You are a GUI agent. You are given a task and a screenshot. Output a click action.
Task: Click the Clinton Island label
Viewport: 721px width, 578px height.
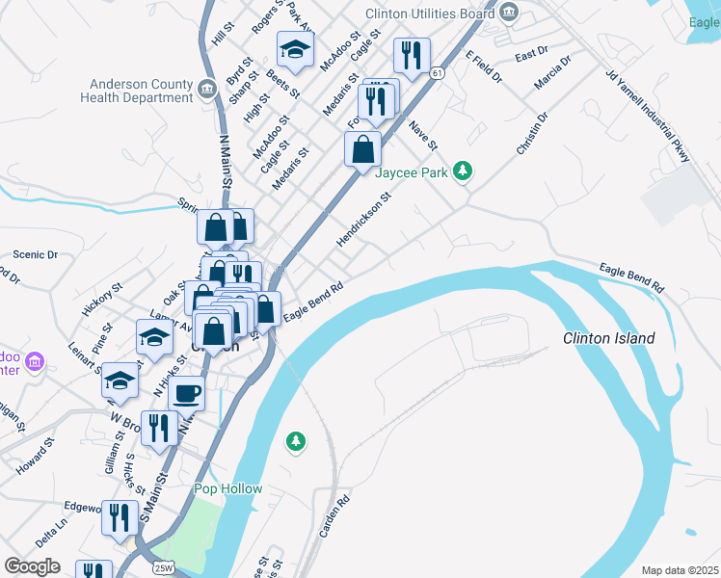pos(609,338)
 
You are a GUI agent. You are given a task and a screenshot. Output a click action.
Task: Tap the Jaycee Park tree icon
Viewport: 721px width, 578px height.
pos(464,171)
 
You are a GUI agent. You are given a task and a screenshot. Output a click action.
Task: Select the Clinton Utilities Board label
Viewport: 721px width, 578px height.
pos(433,13)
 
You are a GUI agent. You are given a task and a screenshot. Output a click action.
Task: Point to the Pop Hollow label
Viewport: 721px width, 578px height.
pos(227,488)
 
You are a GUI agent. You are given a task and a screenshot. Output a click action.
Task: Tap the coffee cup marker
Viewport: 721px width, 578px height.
pos(186,393)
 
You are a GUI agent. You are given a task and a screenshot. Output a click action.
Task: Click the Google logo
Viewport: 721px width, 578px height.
pos(32,566)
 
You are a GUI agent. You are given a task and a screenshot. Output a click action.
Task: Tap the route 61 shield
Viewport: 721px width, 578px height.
pos(439,73)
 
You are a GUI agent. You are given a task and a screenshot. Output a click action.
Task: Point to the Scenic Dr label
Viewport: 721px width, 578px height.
pos(36,255)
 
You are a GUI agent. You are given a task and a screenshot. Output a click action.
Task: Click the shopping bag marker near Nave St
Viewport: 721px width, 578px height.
pos(363,150)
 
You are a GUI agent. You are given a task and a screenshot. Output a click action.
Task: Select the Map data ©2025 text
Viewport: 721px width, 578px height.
pos(680,570)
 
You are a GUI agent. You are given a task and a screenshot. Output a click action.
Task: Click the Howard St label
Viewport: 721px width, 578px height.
pos(35,458)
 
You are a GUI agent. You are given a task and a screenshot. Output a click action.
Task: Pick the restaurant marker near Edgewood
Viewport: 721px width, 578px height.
pos(120,519)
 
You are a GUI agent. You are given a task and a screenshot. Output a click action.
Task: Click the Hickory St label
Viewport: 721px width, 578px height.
pos(103,299)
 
